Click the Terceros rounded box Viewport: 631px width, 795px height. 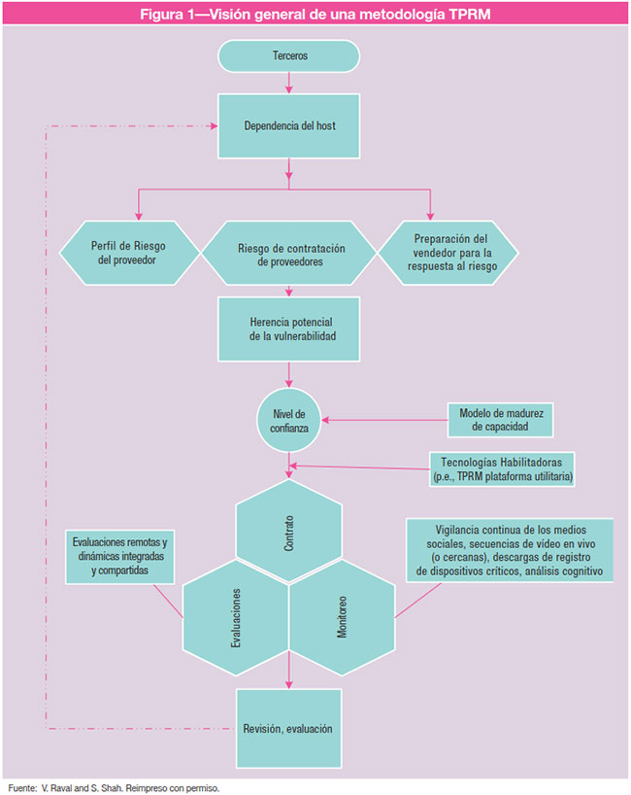pos(290,56)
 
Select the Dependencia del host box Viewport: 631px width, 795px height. pos(290,126)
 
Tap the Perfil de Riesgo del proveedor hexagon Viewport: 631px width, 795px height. pos(130,254)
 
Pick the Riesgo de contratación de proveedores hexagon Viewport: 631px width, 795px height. pos(288,254)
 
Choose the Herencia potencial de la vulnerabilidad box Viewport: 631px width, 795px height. pos(290,328)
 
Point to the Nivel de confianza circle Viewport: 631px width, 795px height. pos(289,421)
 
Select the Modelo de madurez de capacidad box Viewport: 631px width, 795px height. pos(502,419)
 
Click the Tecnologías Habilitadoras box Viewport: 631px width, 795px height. pos(501,469)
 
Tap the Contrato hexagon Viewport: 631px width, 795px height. pos(290,536)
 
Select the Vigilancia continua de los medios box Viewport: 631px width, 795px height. pos(510,550)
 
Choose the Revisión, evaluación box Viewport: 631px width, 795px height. pos(289,728)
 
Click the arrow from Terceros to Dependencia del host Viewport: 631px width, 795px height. pos(290,83)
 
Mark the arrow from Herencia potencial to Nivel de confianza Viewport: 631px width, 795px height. pos(289,374)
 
